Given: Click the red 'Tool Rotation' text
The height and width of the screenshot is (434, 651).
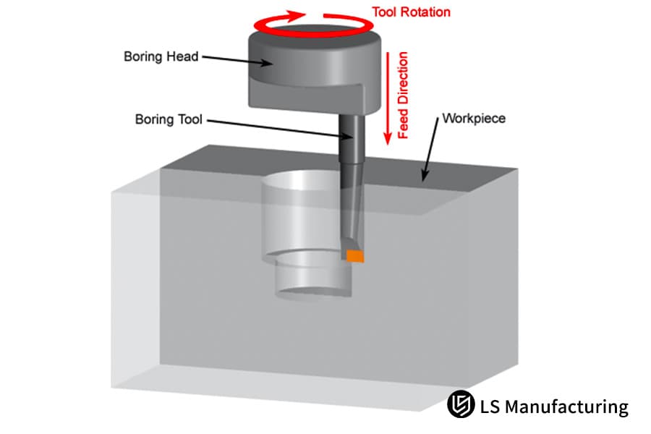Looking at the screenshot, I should (x=411, y=12).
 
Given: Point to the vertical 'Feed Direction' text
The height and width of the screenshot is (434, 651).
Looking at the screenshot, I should (x=404, y=94).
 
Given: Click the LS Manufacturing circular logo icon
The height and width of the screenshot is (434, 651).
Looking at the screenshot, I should (x=460, y=405).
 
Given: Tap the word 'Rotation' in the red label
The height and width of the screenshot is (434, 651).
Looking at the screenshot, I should (x=425, y=12).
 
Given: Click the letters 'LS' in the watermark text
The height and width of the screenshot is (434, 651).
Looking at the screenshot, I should (x=489, y=407).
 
